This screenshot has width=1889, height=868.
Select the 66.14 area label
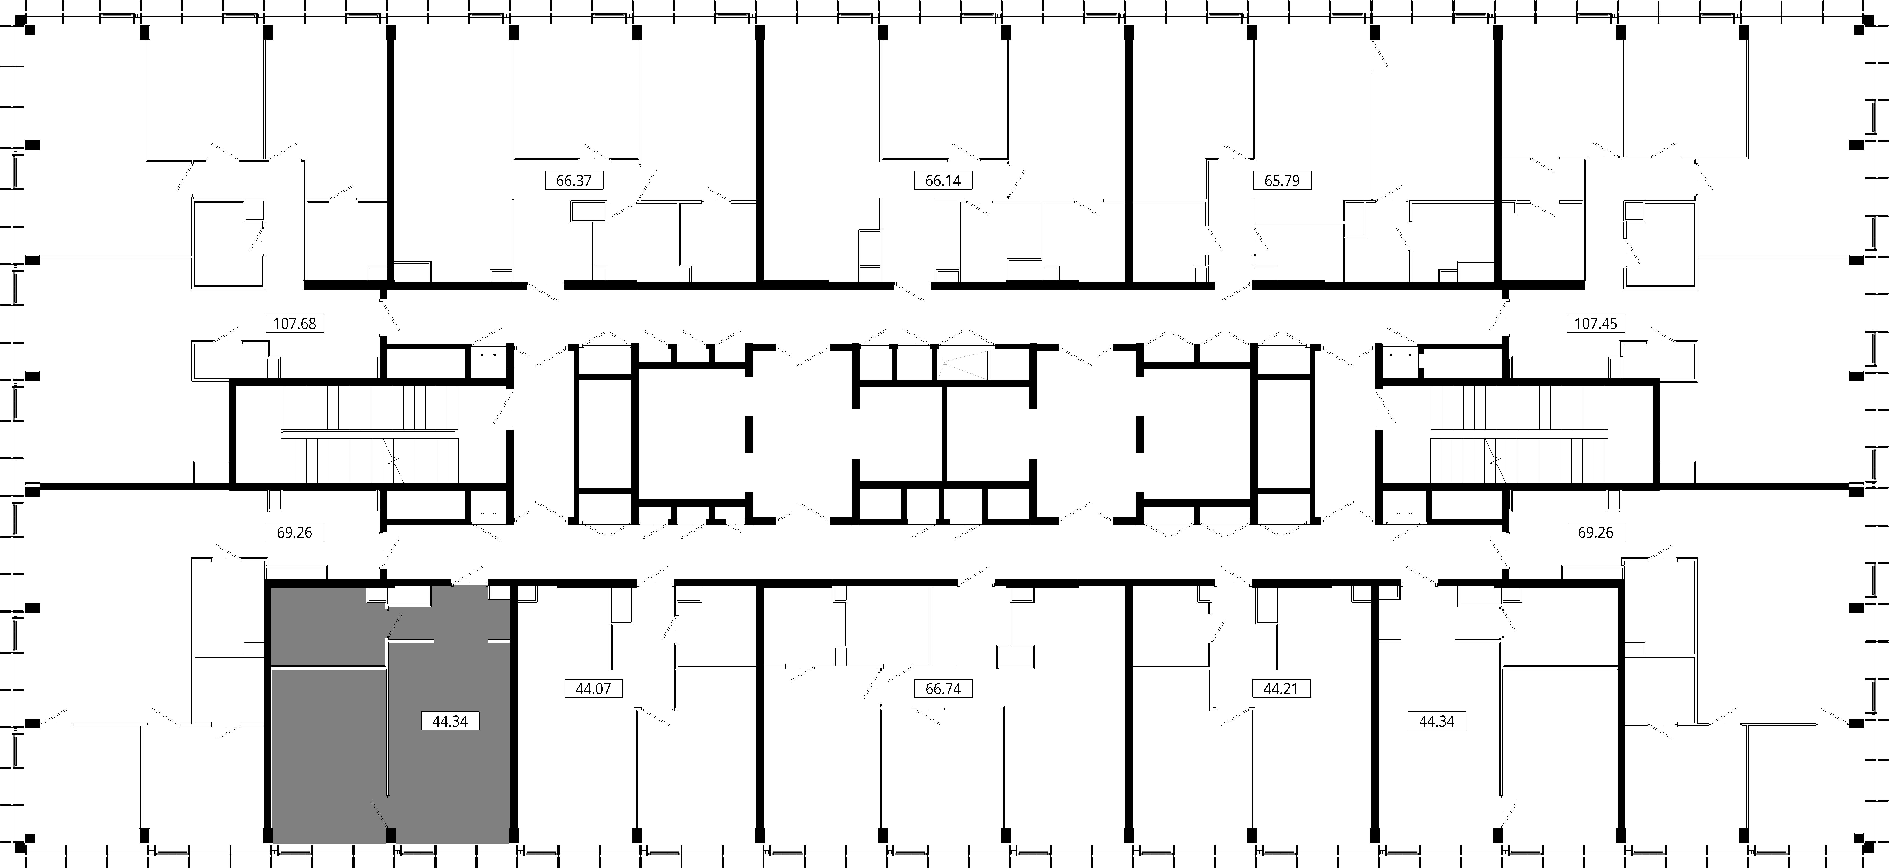[x=943, y=180]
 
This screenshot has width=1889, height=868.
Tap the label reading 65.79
[x=1282, y=180]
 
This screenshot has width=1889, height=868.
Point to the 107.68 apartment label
[x=295, y=323]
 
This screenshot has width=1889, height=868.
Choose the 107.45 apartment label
[x=1596, y=323]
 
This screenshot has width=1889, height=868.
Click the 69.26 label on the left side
[x=295, y=532]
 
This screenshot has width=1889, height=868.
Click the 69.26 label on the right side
[x=1596, y=532]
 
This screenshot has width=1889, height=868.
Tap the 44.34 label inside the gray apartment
[x=450, y=721]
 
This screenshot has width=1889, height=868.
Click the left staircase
[x=370, y=434]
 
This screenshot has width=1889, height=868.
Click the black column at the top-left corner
[x=29, y=29]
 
